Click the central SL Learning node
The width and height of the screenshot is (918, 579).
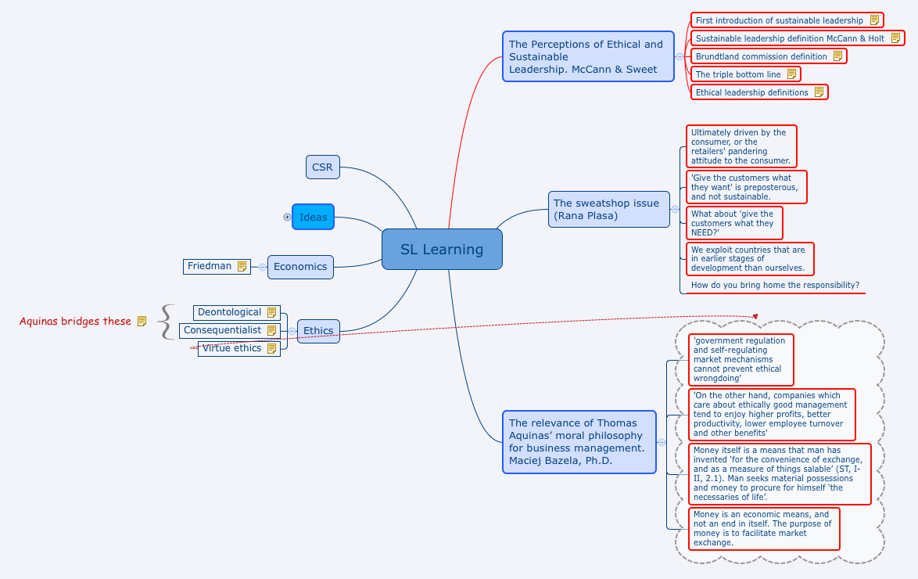pos(442,250)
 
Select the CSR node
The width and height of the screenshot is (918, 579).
pos(322,167)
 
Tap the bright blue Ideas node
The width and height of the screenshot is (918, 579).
pos(313,217)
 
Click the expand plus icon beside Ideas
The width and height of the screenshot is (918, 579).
pos(287,217)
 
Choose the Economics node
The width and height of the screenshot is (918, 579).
pos(300,267)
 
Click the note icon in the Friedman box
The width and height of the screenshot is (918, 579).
pos(242,266)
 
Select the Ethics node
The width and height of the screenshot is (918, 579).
pos(318,330)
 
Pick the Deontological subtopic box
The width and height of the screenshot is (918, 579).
pos(229,312)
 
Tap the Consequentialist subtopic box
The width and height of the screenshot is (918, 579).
pos(222,330)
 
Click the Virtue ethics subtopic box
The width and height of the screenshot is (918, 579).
pos(231,348)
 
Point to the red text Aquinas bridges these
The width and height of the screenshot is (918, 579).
pos(75,321)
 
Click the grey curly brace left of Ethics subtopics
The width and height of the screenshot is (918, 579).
pos(165,322)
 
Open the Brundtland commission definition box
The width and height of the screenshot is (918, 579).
pos(761,56)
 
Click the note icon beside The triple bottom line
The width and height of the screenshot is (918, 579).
pos(791,74)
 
